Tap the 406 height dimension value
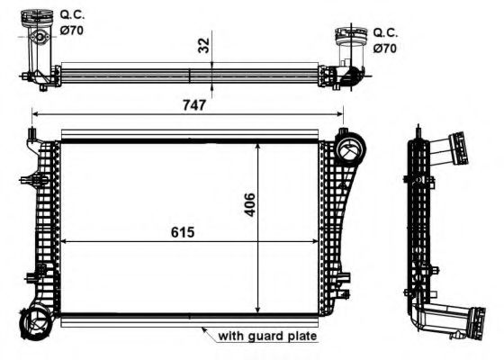pos(249,204)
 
